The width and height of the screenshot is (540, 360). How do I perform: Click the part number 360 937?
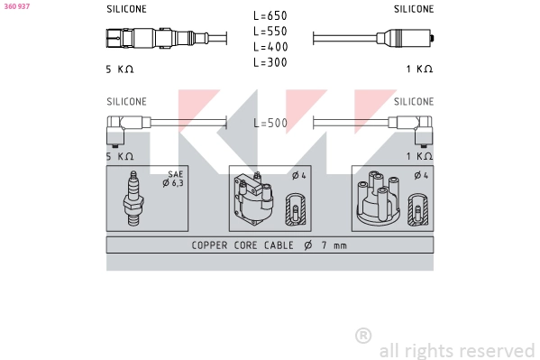click(17, 6)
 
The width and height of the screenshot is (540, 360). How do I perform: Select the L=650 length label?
click(270, 15)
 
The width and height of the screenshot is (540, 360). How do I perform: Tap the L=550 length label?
click(270, 31)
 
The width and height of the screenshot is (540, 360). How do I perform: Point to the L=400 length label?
click(270, 47)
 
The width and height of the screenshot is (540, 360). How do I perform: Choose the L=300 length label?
click(270, 62)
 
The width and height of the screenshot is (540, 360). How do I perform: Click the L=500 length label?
click(270, 123)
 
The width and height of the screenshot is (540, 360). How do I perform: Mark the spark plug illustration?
click(133, 198)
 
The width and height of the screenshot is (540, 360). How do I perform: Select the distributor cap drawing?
click(378, 198)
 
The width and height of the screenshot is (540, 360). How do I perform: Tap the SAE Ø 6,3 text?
click(173, 179)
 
